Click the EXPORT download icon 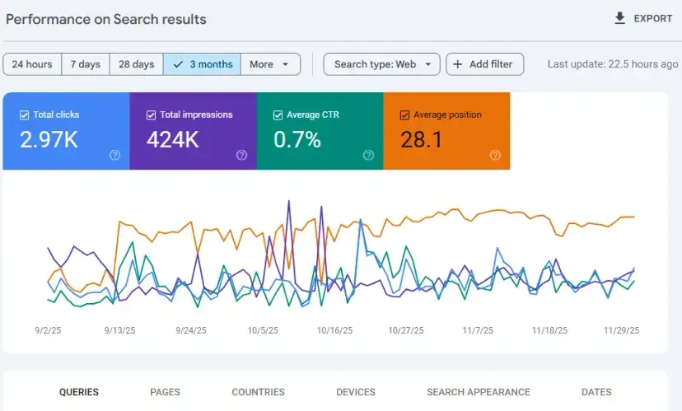[620, 18]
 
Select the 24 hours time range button [32, 64]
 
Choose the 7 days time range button [85, 64]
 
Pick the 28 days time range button [136, 64]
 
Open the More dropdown [270, 64]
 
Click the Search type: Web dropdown [382, 64]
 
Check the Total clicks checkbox [24, 115]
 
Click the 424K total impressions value [173, 140]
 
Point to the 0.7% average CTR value [297, 140]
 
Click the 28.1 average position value [422, 140]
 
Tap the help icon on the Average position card [495, 155]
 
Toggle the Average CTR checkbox [278, 115]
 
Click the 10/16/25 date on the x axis [334, 330]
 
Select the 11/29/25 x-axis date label [621, 330]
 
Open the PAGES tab [166, 392]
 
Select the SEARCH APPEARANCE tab [478, 392]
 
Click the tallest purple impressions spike [288, 202]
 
